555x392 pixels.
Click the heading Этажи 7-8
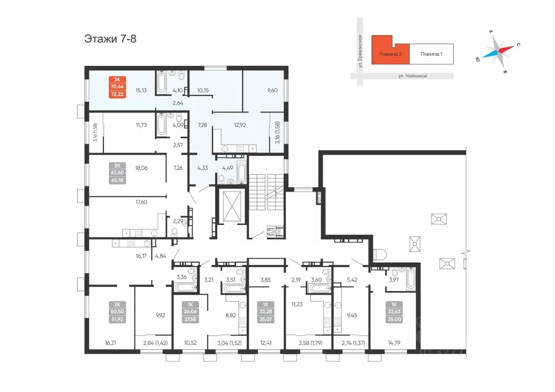(110, 39)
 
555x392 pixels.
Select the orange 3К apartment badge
(117, 87)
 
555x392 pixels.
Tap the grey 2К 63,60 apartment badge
(117, 173)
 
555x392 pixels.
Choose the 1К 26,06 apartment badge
(190, 312)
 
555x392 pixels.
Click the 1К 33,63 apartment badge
(394, 312)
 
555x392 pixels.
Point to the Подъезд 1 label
(431, 54)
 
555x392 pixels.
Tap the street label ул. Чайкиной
(412, 76)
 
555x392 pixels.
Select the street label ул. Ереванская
(360, 51)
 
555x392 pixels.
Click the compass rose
(499, 51)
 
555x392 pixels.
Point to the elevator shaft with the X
(232, 206)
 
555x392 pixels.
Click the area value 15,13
(141, 91)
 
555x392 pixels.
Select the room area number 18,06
(141, 168)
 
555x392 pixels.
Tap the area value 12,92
(240, 125)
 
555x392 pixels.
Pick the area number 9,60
(272, 91)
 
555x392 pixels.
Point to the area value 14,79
(394, 343)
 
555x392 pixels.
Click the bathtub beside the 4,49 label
(242, 172)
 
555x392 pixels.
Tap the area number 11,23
(297, 304)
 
